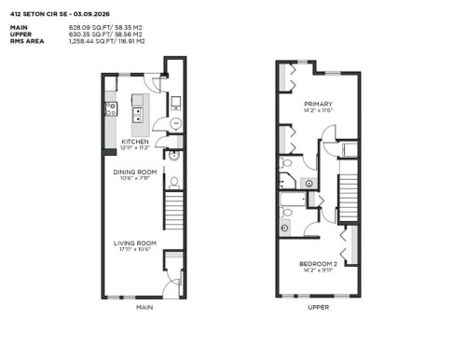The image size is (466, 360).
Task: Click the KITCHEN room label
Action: click(x=134, y=142)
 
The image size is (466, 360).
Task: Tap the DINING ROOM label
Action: click(x=134, y=172)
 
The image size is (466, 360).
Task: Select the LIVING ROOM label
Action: click(x=135, y=243)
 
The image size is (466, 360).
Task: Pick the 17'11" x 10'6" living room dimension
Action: click(x=135, y=250)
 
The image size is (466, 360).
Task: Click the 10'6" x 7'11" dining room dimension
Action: click(x=134, y=178)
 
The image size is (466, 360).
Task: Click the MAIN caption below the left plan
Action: click(x=144, y=307)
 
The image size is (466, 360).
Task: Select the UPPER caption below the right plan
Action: click(x=318, y=307)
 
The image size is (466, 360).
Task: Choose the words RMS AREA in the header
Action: click(x=27, y=41)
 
